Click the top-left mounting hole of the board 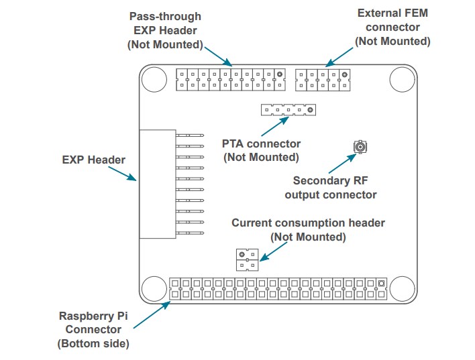click(154, 79)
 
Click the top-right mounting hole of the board click(403, 79)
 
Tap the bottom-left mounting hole click(154, 289)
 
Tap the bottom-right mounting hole click(403, 289)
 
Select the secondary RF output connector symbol click(360, 146)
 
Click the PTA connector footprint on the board click(288, 110)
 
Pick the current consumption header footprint click(246, 259)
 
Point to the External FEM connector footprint click(323, 79)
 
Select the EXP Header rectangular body click(157, 184)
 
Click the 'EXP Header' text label click(93, 160)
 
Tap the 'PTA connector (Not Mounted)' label click(261, 150)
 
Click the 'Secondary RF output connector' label click(330, 188)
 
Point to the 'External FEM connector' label click(392, 27)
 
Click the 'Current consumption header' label click(308, 229)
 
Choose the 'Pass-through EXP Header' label click(164, 30)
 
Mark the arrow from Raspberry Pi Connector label click(151, 314)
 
